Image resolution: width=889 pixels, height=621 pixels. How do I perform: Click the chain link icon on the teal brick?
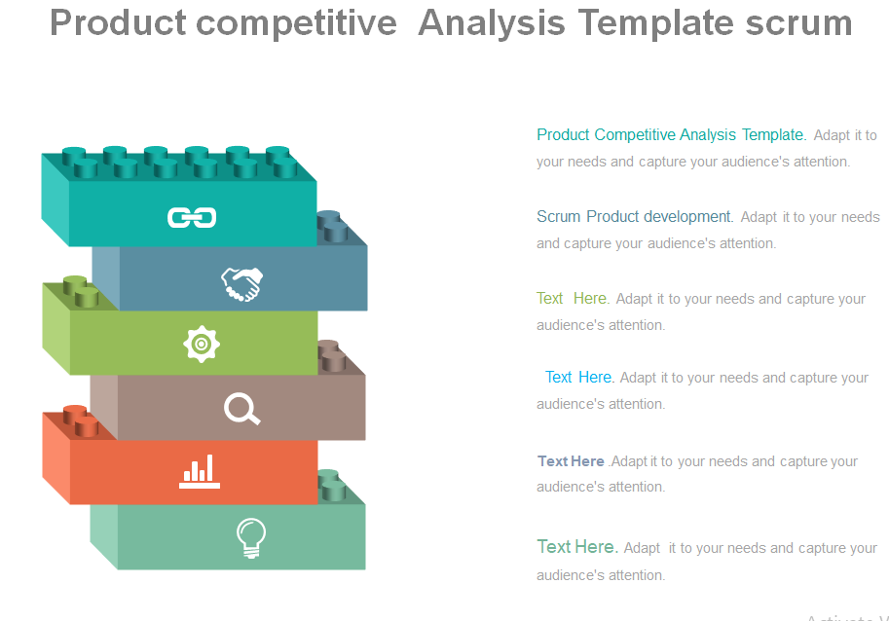coord(192,218)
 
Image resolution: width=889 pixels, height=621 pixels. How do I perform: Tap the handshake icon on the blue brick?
coord(242,284)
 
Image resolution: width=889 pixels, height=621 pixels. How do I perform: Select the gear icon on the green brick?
coord(202,344)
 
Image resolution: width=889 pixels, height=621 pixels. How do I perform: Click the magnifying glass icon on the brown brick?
coord(242,409)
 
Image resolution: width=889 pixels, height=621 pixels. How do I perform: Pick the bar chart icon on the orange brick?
coord(200,471)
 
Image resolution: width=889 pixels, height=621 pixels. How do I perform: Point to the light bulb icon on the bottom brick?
coord(251,538)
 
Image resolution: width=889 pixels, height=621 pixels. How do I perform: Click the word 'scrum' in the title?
coord(798,23)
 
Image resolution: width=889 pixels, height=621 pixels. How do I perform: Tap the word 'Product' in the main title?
coord(118,22)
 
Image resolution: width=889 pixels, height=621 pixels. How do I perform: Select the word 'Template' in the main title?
coord(656,22)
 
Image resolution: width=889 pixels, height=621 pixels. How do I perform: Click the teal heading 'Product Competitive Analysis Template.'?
coord(671,135)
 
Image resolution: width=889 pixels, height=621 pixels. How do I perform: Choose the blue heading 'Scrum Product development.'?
coord(635,216)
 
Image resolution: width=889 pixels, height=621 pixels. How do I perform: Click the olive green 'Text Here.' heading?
coord(574,298)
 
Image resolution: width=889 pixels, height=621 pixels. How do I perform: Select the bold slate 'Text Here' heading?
coord(571,461)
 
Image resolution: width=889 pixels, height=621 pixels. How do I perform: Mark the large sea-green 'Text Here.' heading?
coord(577,547)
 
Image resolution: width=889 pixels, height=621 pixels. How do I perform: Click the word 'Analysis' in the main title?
coord(492,23)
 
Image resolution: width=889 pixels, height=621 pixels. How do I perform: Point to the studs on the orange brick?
coord(81,421)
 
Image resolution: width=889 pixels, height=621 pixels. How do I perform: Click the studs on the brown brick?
coord(332,356)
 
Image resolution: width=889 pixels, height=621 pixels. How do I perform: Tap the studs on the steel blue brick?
coord(332,227)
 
